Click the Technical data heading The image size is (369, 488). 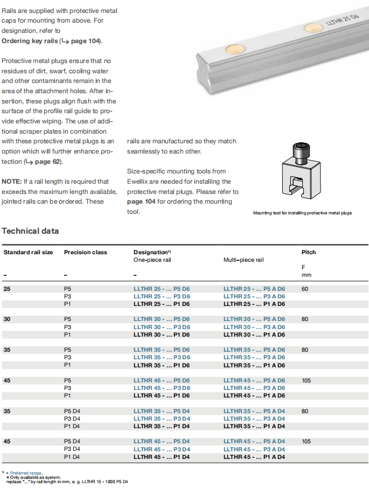coord(30,231)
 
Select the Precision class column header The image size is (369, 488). coord(85,252)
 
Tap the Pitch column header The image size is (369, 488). coord(309,252)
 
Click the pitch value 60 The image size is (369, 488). coord(305,289)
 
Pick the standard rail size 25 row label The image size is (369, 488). coord(7,289)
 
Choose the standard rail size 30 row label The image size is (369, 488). coord(7,319)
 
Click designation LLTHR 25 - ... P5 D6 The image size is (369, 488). coord(162,289)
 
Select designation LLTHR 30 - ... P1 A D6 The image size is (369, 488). coord(254,334)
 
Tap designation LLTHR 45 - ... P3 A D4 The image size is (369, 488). coord(254,449)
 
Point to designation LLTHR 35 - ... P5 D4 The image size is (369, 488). coord(162,411)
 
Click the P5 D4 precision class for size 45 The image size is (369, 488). coord(72,441)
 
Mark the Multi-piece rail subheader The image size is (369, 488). coord(243,260)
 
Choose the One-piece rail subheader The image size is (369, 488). coord(152,260)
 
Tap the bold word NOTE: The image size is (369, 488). coord(11,182)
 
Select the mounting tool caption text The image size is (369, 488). coord(302,213)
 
